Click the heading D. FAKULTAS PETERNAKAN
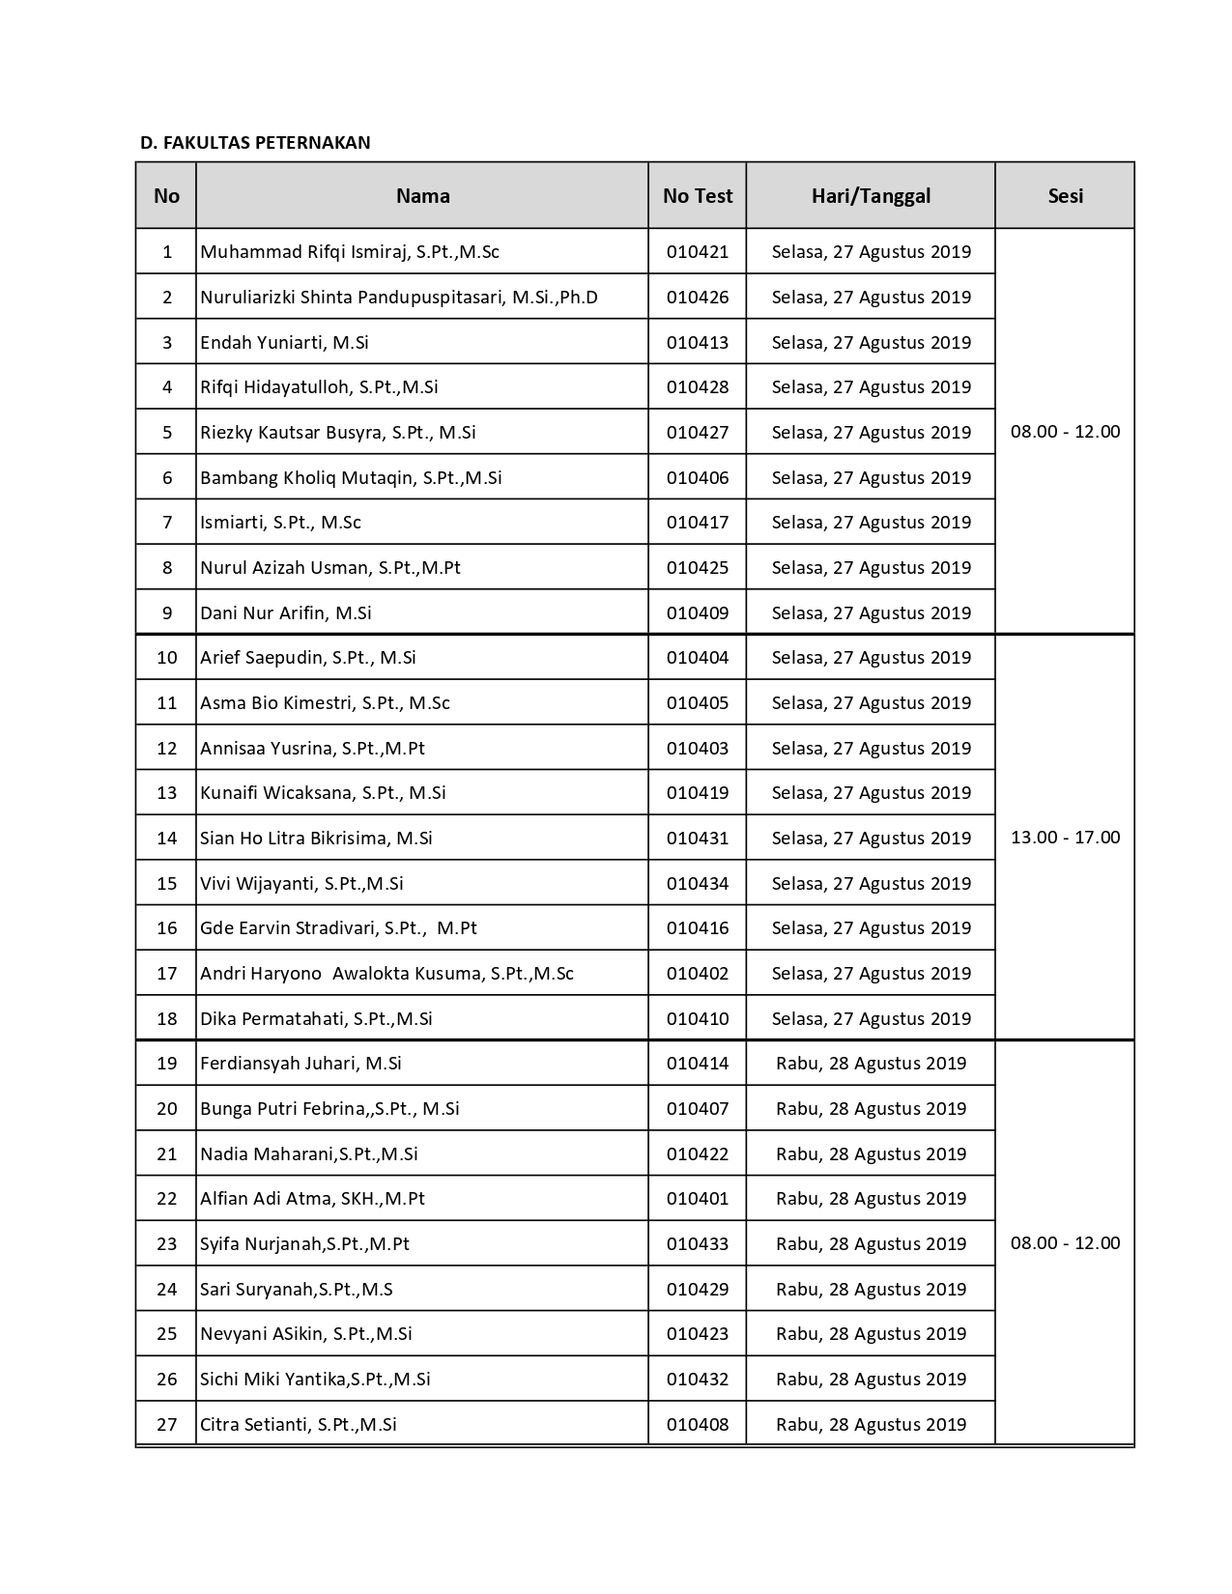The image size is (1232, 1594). [x=255, y=143]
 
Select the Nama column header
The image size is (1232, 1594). [x=422, y=196]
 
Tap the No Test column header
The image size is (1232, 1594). [x=697, y=196]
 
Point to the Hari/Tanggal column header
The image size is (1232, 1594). [x=871, y=196]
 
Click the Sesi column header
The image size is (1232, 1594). [x=1065, y=196]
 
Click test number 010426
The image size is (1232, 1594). [x=697, y=298]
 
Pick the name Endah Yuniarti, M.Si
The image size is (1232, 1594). [x=284, y=343]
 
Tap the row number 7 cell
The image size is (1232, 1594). [x=167, y=523]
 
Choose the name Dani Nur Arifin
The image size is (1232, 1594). [x=285, y=613]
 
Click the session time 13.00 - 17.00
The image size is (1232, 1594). [x=1065, y=838]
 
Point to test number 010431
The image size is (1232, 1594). [x=697, y=839]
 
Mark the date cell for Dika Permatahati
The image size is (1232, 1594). [x=871, y=1019]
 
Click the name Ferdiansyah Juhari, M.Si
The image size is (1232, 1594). [x=301, y=1064]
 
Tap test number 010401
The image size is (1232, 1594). [x=697, y=1199]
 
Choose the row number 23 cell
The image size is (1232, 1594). [x=167, y=1244]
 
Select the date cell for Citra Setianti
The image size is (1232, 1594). [x=871, y=1425]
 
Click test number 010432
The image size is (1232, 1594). [x=697, y=1380]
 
